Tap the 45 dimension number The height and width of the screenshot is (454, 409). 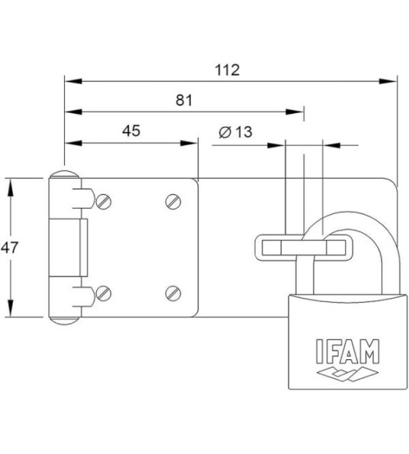130,131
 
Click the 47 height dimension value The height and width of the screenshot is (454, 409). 10,246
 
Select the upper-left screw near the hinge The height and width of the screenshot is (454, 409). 104,201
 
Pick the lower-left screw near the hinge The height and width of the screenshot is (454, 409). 104,291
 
